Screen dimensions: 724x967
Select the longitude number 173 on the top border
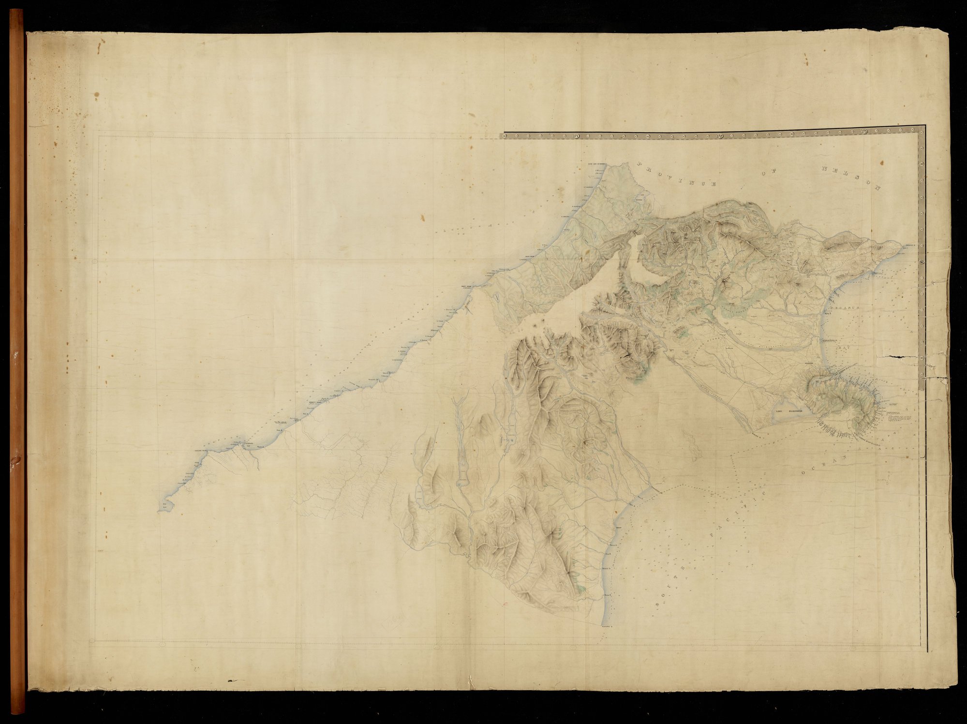[x=864, y=132]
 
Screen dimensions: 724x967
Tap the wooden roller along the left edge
[x=18, y=363]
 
